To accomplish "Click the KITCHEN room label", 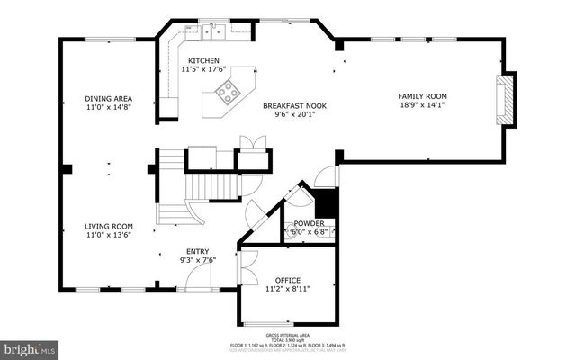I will (x=203, y=60).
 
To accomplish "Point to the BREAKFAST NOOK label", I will (x=294, y=105).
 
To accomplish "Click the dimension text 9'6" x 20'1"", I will (x=294, y=114).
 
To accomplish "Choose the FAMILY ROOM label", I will (x=422, y=96).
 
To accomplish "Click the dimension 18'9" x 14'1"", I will (x=422, y=105).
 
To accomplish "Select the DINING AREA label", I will (x=109, y=98).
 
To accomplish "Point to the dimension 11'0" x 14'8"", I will (x=109, y=107).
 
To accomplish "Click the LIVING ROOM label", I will (x=109, y=226).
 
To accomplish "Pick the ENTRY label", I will (x=198, y=251).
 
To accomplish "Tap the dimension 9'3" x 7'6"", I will (x=198, y=260).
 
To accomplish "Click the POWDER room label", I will (x=309, y=223).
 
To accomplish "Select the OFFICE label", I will (x=288, y=280).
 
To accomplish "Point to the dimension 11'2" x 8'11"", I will (x=288, y=289).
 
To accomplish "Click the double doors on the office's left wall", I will (x=241, y=268).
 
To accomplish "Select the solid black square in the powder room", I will (x=326, y=203).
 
